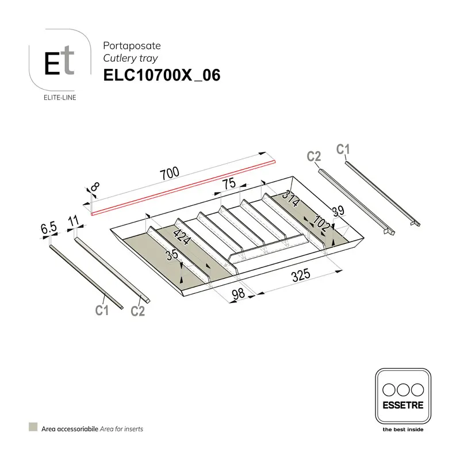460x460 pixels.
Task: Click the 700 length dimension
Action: (170, 173)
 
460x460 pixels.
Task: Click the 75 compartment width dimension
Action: (229, 184)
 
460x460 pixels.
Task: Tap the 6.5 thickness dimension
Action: (49, 228)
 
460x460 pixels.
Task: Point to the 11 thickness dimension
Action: (73, 220)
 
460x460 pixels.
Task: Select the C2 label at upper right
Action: (313, 156)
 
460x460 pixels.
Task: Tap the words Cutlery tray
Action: (130, 58)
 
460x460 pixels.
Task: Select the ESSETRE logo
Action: (402, 396)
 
